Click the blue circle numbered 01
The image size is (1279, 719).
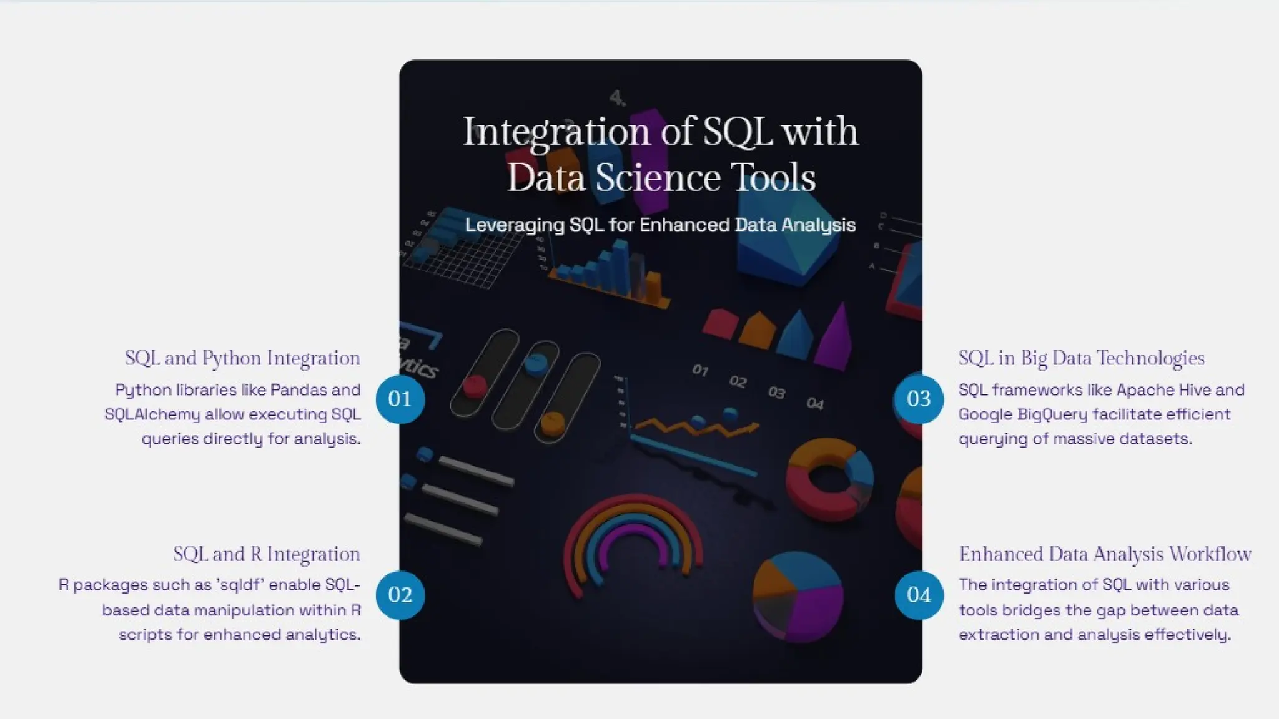(400, 399)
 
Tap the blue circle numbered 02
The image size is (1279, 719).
(400, 595)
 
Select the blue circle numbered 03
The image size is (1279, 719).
(919, 399)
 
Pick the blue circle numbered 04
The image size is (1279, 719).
(919, 595)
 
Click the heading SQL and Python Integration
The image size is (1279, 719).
(242, 358)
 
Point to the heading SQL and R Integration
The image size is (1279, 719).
(266, 554)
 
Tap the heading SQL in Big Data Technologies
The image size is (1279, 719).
(1082, 358)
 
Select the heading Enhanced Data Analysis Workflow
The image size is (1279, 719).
(1105, 554)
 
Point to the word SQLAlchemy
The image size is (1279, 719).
(152, 414)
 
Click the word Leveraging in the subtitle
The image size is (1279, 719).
(515, 225)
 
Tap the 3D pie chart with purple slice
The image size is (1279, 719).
(798, 596)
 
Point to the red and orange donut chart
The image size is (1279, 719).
(829, 478)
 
